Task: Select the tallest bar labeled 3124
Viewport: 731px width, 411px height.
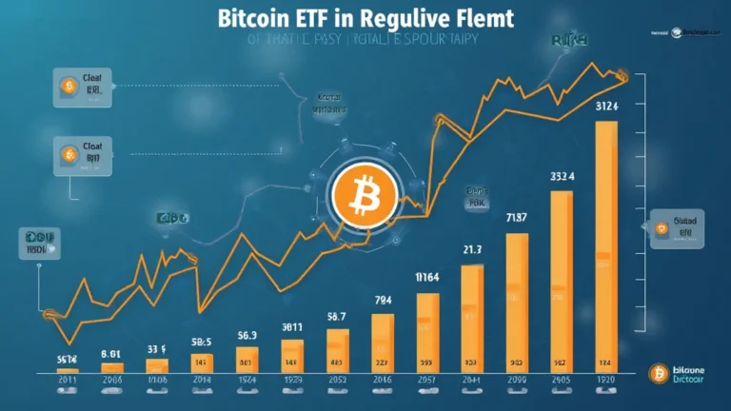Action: point(606,247)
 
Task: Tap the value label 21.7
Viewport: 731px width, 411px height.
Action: point(473,249)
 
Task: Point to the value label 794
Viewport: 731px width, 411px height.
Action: point(383,300)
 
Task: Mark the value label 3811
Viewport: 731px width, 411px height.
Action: point(292,326)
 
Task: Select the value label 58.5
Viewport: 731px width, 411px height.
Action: point(202,342)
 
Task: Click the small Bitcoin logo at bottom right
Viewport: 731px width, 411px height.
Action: point(656,372)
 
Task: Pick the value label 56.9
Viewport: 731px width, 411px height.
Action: point(247,335)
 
